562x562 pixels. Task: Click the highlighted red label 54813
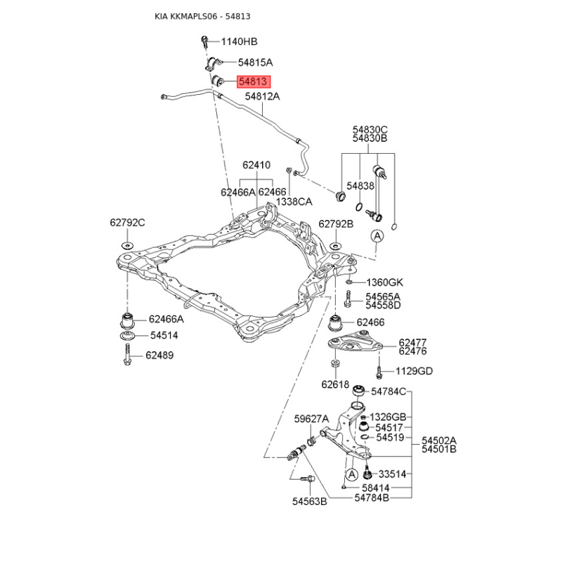(254, 81)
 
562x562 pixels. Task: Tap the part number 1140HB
(239, 41)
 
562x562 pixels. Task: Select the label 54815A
(255, 63)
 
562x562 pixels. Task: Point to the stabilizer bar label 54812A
(262, 96)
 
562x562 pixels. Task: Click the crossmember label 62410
(256, 165)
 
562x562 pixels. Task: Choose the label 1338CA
(294, 202)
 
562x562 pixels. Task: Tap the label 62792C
(127, 223)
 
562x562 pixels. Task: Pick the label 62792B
(336, 224)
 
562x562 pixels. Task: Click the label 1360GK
(384, 282)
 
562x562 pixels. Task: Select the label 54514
(164, 336)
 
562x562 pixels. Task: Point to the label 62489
(159, 355)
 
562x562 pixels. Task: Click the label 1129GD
(414, 371)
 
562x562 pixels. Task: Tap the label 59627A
(311, 419)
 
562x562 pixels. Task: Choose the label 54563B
(309, 502)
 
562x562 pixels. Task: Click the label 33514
(392, 474)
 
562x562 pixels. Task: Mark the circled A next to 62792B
(377, 236)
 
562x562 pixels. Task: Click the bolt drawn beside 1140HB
(204, 41)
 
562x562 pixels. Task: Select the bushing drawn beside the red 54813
(218, 81)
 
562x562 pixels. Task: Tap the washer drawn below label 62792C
(127, 245)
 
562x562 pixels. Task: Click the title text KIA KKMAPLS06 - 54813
(202, 16)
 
